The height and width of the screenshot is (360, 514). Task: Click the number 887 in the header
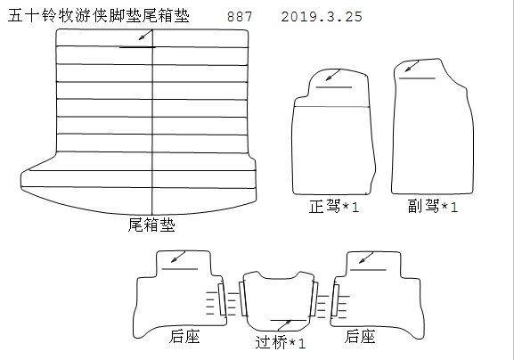pyautogui.click(x=240, y=17)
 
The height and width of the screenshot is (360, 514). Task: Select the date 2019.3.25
pyautogui.click(x=322, y=17)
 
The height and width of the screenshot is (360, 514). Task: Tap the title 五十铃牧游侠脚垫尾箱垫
pyautogui.click(x=99, y=15)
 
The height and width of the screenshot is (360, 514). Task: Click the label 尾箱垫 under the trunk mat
pyautogui.click(x=151, y=225)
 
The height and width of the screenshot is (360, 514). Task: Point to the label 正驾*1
pyautogui.click(x=334, y=207)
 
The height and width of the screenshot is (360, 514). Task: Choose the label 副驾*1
pyautogui.click(x=433, y=206)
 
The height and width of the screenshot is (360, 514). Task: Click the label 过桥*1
pyautogui.click(x=281, y=342)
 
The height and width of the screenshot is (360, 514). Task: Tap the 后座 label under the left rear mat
pyautogui.click(x=184, y=337)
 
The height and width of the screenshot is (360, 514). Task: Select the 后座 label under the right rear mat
pyautogui.click(x=360, y=337)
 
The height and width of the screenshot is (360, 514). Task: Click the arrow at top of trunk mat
pyautogui.click(x=145, y=35)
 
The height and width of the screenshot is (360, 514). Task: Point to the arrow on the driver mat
pyautogui.click(x=333, y=75)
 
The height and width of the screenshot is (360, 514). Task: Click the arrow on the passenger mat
pyautogui.click(x=412, y=66)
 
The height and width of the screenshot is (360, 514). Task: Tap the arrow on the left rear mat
pyautogui.click(x=178, y=257)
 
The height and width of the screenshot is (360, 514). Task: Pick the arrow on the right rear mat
pyautogui.click(x=366, y=258)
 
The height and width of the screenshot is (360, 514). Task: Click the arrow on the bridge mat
pyautogui.click(x=284, y=325)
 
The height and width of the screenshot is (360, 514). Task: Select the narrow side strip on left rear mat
pyautogui.click(x=222, y=299)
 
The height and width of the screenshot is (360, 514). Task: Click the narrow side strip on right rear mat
pyautogui.click(x=335, y=300)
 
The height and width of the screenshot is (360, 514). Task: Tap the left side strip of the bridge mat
pyautogui.click(x=243, y=299)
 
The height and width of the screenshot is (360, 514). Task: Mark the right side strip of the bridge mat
pyautogui.click(x=314, y=299)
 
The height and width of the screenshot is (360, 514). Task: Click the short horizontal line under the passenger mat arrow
pyautogui.click(x=417, y=78)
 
